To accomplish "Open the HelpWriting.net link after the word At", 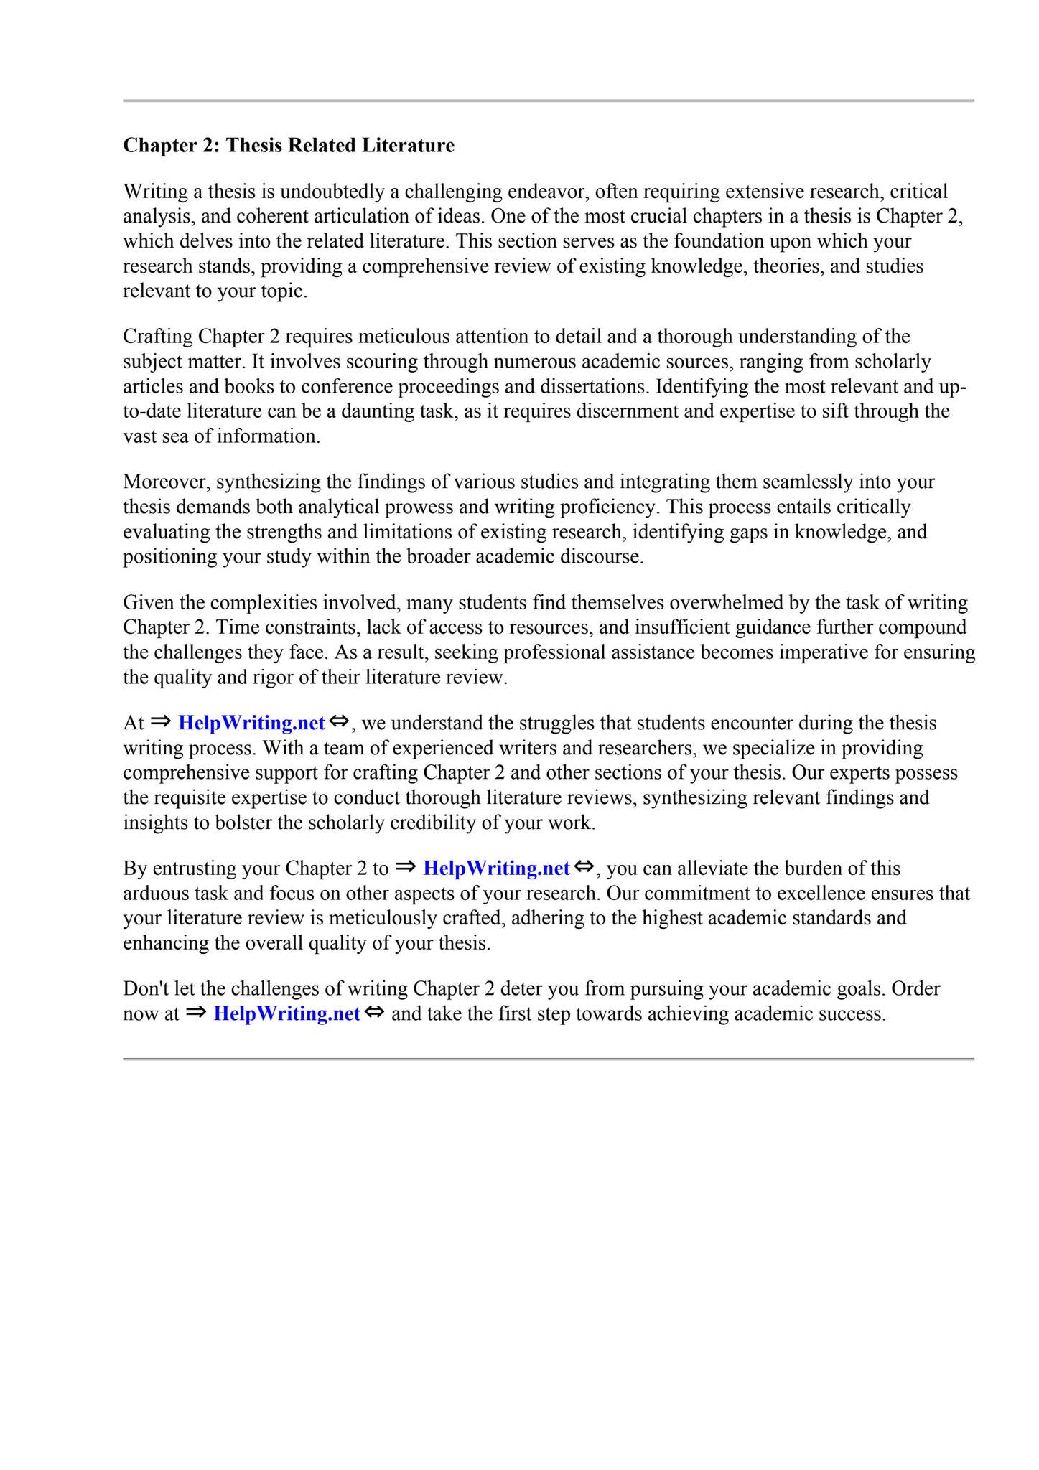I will [x=252, y=723].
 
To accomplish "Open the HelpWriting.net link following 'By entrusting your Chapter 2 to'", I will [x=497, y=869].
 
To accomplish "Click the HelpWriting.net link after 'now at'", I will [x=287, y=1014].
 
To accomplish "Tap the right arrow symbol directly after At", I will [x=162, y=722].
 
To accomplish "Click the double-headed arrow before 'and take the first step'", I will [x=375, y=1013].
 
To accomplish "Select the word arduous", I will [x=155, y=894].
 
